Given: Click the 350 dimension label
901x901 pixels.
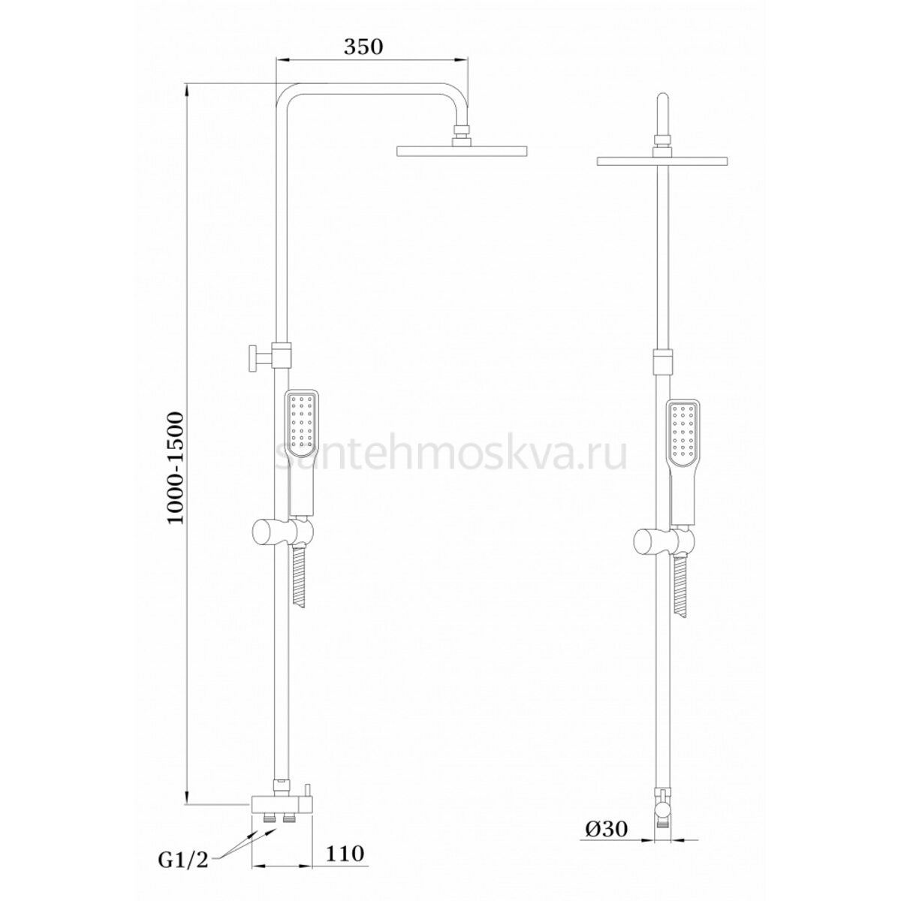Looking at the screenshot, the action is [x=363, y=47].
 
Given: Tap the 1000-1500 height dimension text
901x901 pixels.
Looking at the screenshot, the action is [x=176, y=468].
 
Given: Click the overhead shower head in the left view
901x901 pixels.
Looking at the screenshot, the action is [x=462, y=151].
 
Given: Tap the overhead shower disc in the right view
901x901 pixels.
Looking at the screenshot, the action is [x=662, y=161].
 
